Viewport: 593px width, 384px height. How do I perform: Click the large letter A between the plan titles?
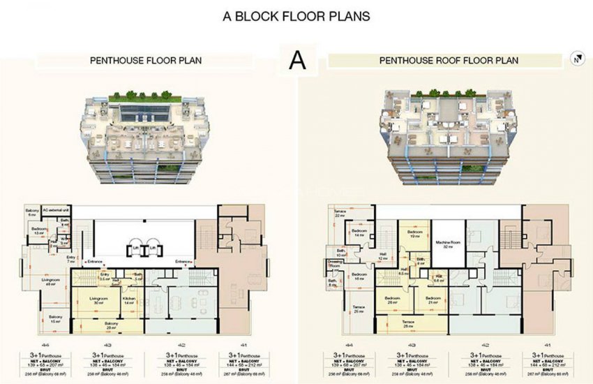click(297, 61)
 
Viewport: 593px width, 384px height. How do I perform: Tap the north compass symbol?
click(576, 59)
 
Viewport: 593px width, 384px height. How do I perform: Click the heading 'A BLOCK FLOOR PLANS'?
click(296, 15)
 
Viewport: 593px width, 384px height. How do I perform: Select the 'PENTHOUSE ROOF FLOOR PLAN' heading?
click(449, 61)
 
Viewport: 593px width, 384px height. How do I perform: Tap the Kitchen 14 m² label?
click(129, 300)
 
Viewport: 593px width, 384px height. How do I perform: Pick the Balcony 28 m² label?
click(110, 326)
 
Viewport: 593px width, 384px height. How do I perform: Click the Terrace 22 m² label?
click(340, 212)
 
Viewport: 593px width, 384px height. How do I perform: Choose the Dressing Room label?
click(333, 263)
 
